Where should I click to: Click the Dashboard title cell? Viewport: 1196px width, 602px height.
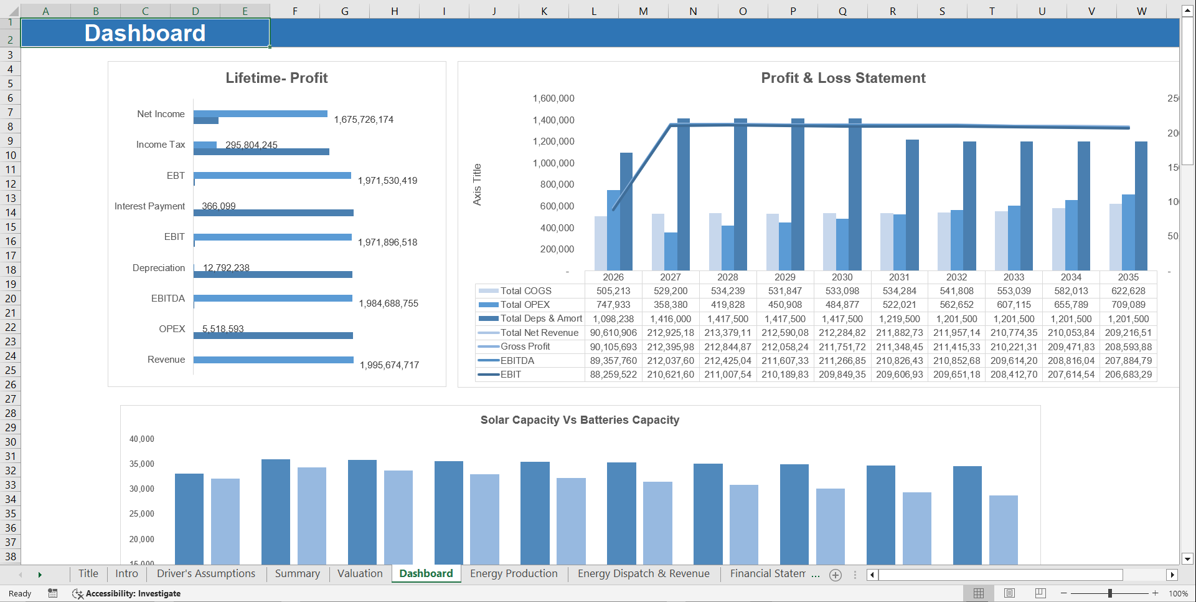pyautogui.click(x=145, y=33)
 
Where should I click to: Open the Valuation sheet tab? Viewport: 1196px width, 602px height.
pyautogui.click(x=360, y=573)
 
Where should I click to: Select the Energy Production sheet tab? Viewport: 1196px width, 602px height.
pyautogui.click(x=514, y=573)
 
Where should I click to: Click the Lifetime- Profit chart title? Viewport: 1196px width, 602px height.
pyautogui.click(x=276, y=78)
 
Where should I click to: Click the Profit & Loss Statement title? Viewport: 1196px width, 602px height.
pyautogui.click(x=843, y=78)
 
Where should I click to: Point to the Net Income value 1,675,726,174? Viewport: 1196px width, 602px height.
pyautogui.click(x=364, y=120)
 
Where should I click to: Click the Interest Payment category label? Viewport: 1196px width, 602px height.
pyautogui.click(x=149, y=206)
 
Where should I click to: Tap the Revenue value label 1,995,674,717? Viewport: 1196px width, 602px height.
pyautogui.click(x=389, y=365)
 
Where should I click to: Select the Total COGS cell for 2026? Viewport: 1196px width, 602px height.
pyautogui.click(x=613, y=291)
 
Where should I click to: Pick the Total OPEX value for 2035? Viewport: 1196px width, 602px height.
pyautogui.click(x=1128, y=305)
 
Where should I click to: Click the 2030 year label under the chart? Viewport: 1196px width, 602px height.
pyautogui.click(x=842, y=277)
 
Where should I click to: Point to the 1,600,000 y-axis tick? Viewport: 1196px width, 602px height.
pyautogui.click(x=553, y=98)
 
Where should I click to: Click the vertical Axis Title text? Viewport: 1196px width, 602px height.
pyautogui.click(x=477, y=184)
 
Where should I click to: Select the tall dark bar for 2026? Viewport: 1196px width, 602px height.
pyautogui.click(x=626, y=212)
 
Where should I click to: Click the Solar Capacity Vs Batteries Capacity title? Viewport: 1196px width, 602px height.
pyautogui.click(x=580, y=420)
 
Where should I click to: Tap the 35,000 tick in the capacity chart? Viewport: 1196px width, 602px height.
pyautogui.click(x=142, y=464)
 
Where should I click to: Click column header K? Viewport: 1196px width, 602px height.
pyautogui.click(x=544, y=11)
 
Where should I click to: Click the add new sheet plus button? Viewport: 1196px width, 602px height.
pyautogui.click(x=836, y=575)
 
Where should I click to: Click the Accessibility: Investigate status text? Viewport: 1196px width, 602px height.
pyautogui.click(x=133, y=593)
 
